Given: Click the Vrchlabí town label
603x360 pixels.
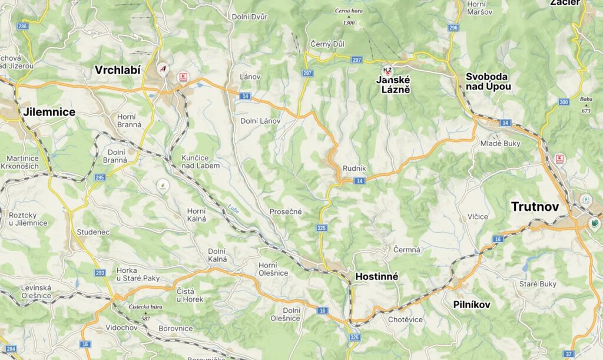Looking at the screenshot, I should click(x=118, y=70).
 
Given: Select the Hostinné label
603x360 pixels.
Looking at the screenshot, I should click(x=377, y=276).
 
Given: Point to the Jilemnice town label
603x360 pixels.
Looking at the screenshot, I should click(x=49, y=112).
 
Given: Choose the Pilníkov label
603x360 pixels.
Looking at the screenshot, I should click(x=472, y=305).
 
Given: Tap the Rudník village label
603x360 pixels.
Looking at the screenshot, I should click(x=354, y=168).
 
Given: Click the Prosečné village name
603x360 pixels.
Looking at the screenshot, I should click(x=286, y=212).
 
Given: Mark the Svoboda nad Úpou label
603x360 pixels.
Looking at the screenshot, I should click(x=488, y=81).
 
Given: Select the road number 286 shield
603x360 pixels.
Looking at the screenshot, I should click(x=22, y=27).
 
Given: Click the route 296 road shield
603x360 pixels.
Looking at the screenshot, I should click(x=453, y=28).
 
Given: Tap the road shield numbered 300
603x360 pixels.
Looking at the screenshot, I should click(x=564, y=103).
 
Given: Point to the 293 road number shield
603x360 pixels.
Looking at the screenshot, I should click(x=100, y=273).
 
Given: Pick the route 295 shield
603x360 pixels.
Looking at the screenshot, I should click(x=99, y=177).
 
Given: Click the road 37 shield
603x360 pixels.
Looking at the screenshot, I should click(x=568, y=354).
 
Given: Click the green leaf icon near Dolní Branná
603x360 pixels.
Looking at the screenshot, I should click(x=161, y=186).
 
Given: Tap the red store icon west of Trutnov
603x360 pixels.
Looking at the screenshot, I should click(x=559, y=158).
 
